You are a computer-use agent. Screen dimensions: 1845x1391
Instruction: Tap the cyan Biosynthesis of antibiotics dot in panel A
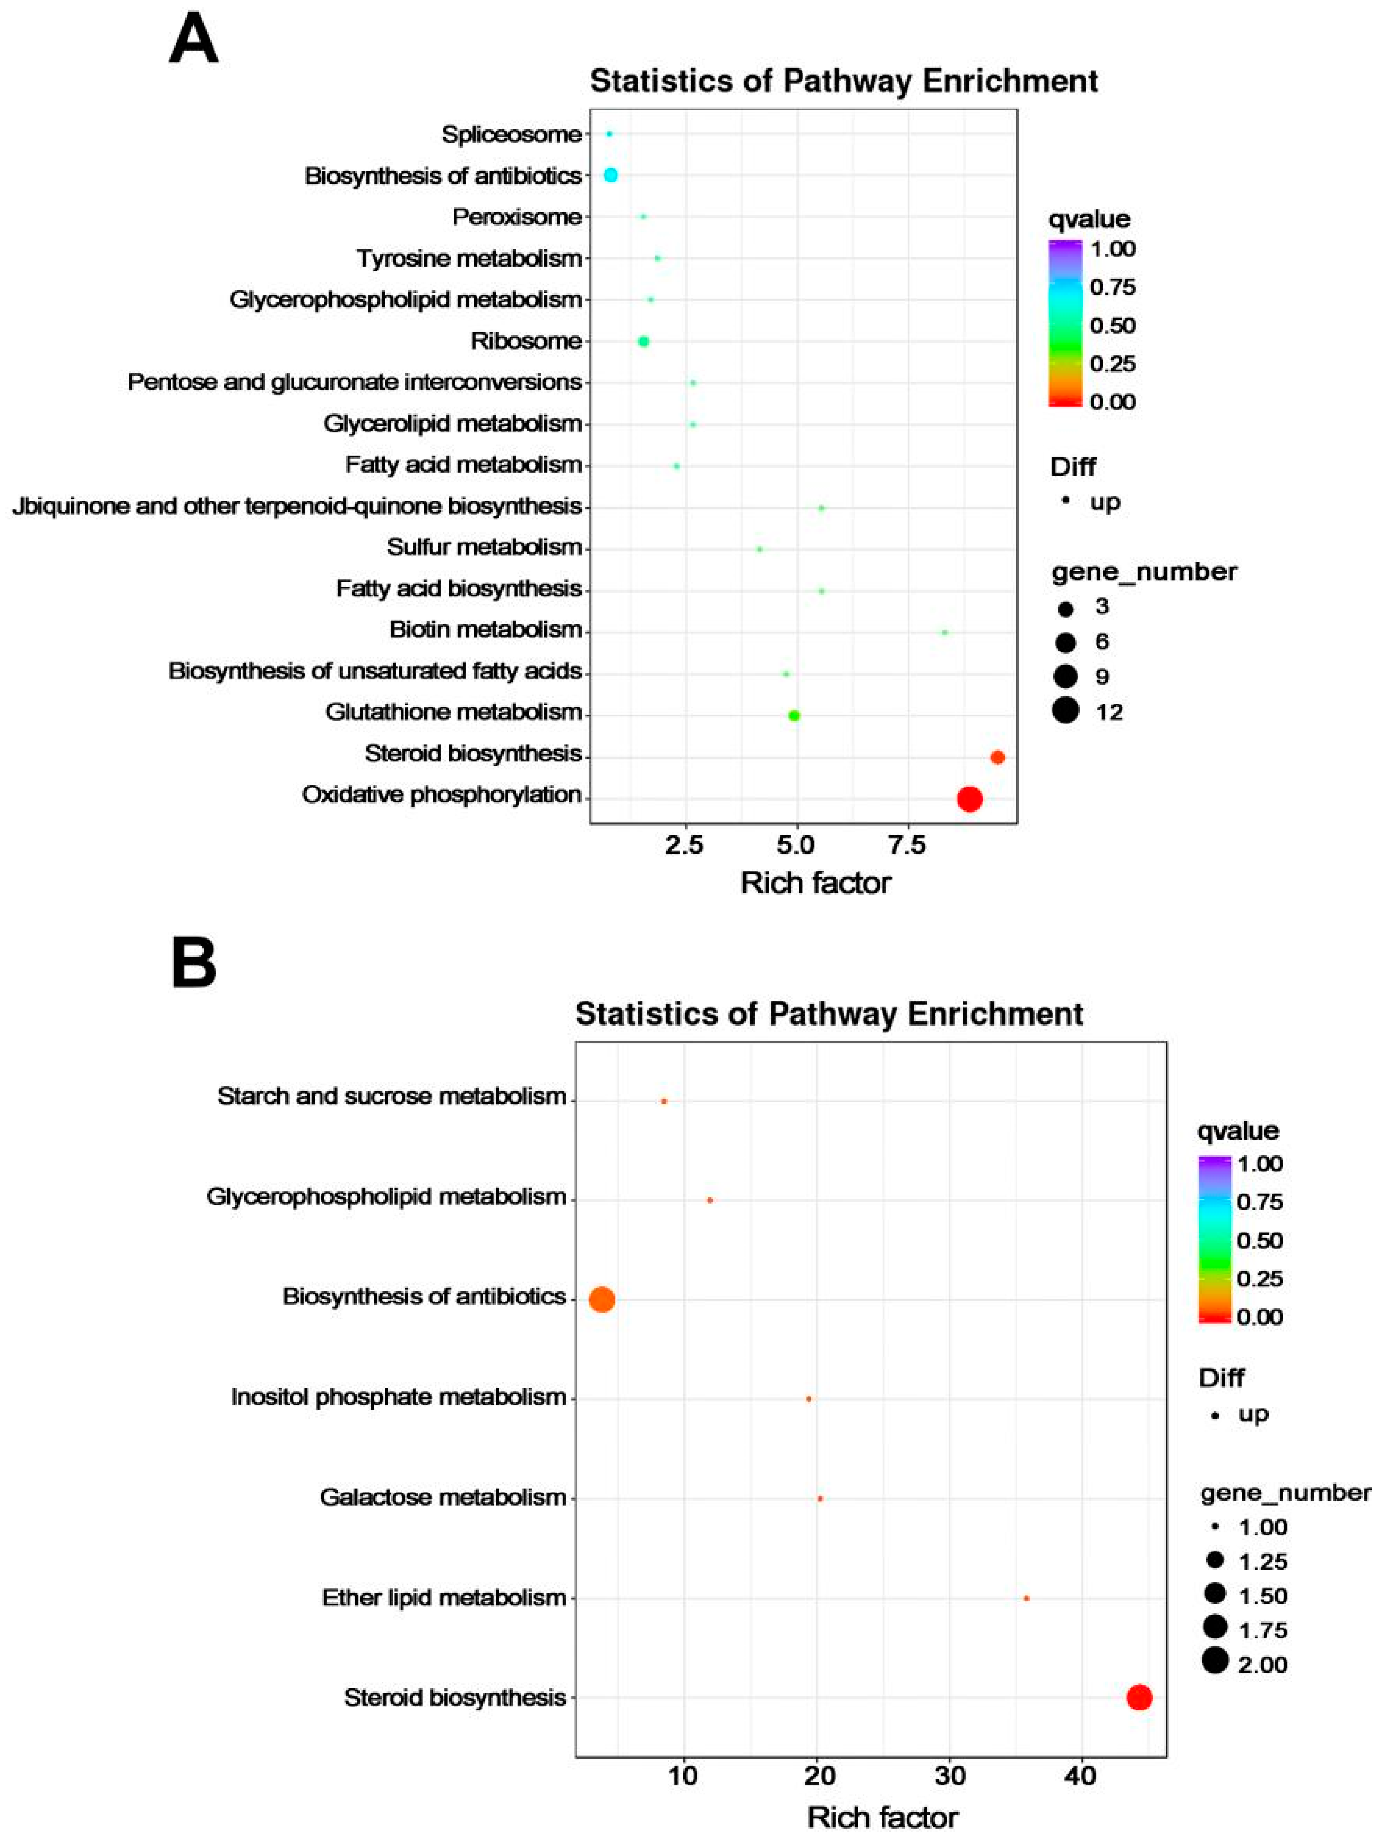pyautogui.click(x=611, y=175)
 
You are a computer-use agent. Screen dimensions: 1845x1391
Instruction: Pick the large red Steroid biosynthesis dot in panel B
pyautogui.click(x=1139, y=1697)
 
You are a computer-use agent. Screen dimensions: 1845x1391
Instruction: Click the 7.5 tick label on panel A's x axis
pyautogui.click(x=907, y=846)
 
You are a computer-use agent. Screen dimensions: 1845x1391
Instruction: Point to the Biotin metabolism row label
pyautogui.click(x=485, y=630)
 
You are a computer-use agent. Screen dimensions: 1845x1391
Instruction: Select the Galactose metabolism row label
pyautogui.click(x=443, y=1497)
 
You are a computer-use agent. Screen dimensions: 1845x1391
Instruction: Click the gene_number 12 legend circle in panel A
pyautogui.click(x=1065, y=710)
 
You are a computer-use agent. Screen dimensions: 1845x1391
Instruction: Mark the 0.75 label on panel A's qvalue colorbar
pyautogui.click(x=1113, y=287)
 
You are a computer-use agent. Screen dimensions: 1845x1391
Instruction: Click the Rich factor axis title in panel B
pyautogui.click(x=883, y=1817)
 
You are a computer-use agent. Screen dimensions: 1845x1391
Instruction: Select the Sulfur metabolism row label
pyautogui.click(x=483, y=547)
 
